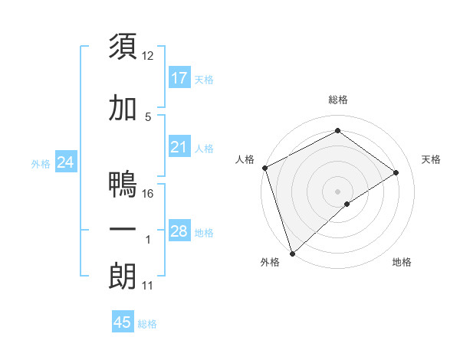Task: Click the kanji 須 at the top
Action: click(x=123, y=46)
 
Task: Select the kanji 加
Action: click(x=123, y=110)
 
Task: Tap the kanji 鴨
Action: click(x=123, y=185)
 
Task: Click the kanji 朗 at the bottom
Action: click(x=123, y=277)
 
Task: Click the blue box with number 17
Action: click(x=179, y=78)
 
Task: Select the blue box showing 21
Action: click(x=179, y=147)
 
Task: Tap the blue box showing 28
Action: click(x=179, y=231)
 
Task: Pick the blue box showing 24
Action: click(x=66, y=162)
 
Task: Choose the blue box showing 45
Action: click(x=123, y=322)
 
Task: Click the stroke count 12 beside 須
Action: click(x=148, y=56)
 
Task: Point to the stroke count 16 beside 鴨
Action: click(x=148, y=193)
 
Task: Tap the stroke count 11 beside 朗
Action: click(x=148, y=286)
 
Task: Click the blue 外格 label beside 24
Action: click(x=41, y=163)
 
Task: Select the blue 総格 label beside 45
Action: click(x=147, y=323)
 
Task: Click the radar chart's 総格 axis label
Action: click(x=338, y=100)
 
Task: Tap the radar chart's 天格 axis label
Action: click(x=432, y=159)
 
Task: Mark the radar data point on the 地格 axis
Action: click(x=347, y=204)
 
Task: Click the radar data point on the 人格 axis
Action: click(x=264, y=168)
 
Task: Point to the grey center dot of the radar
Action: click(x=337, y=191)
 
